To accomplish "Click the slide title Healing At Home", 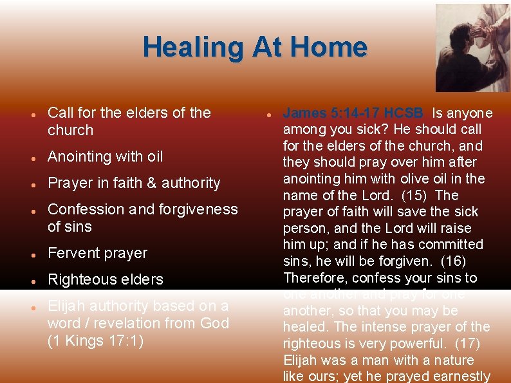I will click(255, 48).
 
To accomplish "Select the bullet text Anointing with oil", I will click(106, 156).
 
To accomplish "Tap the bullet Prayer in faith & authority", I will click(134, 183).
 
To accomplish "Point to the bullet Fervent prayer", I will click(98, 253).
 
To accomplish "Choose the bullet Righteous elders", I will click(106, 279).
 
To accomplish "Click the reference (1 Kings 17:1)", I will click(96, 341).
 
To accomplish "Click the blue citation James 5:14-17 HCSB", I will click(353, 113).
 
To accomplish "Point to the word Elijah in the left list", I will click(68, 306).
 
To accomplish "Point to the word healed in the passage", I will click(305, 327).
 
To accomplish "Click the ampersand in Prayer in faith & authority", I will click(153, 183).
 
